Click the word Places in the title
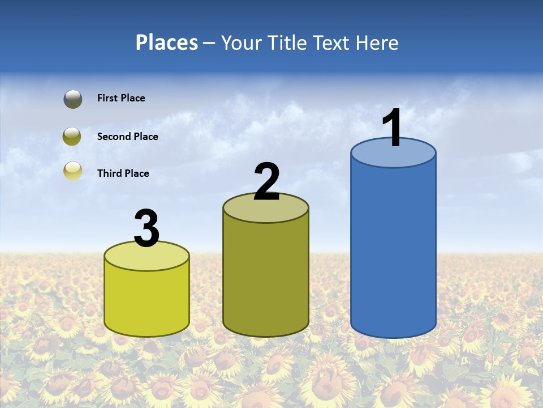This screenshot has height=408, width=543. click(x=167, y=42)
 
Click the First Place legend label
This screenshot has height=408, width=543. click(x=121, y=98)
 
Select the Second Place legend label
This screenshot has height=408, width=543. click(x=127, y=137)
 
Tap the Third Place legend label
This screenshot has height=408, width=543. click(x=123, y=173)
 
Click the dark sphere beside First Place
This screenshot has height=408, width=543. click(x=73, y=99)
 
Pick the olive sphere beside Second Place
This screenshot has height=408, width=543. click(x=72, y=136)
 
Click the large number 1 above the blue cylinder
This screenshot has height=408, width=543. click(x=393, y=129)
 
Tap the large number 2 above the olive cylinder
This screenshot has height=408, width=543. click(x=266, y=182)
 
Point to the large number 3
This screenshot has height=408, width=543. click(x=147, y=229)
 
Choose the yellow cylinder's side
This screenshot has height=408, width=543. click(x=147, y=300)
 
